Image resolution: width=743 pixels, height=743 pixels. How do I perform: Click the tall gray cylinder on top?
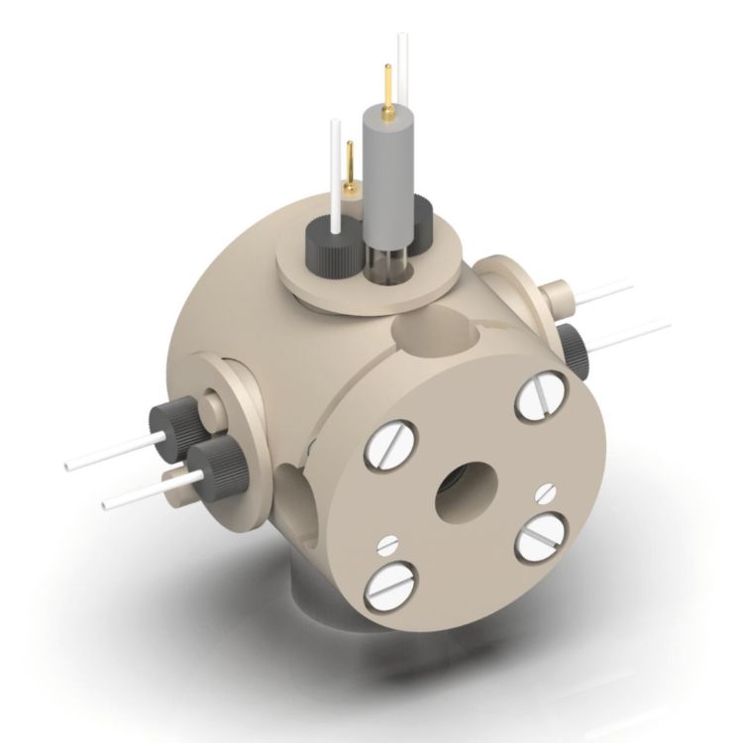[386, 173]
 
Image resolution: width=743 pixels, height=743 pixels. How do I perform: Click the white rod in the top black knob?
[335, 168]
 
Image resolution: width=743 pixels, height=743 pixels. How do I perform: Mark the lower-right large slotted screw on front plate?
[539, 538]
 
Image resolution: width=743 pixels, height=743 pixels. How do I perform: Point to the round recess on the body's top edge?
[436, 332]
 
